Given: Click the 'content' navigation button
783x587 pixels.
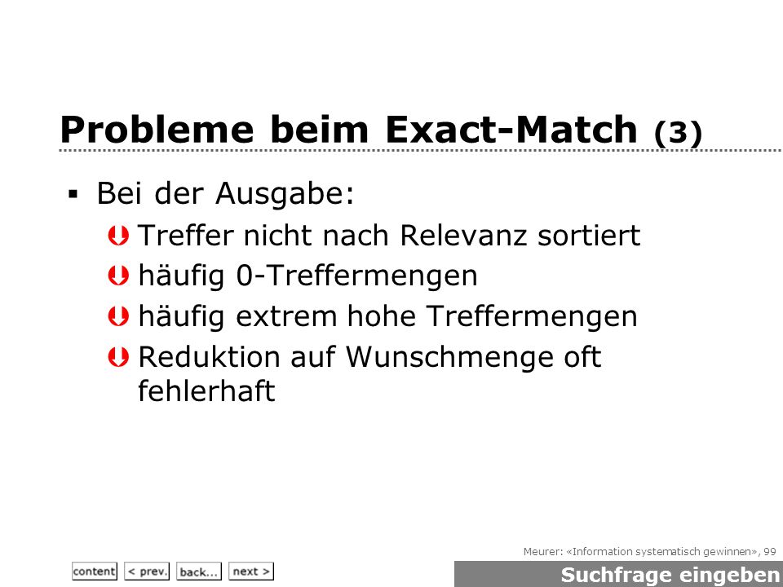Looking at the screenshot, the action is pyautogui.click(x=95, y=571).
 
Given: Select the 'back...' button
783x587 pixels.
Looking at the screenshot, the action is pyautogui.click(x=199, y=571).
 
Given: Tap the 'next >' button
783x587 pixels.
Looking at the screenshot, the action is pyautogui.click(x=251, y=571).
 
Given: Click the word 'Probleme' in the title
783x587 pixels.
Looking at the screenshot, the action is pyautogui.click(x=157, y=130).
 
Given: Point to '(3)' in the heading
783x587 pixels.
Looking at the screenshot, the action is pyautogui.click(x=678, y=133).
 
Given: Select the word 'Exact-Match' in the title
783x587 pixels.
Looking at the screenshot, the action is pyautogui.click(x=511, y=130).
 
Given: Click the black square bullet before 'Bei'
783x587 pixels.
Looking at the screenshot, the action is pyautogui.click(x=73, y=194).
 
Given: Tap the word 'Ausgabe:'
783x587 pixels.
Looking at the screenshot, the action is pyautogui.click(x=285, y=194).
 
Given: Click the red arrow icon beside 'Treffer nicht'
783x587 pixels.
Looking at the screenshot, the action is pyautogui.click(x=118, y=236).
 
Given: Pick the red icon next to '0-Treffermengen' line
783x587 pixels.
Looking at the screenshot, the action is pyautogui.click(x=118, y=276).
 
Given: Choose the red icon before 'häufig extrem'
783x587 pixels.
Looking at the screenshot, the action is pyautogui.click(x=118, y=316).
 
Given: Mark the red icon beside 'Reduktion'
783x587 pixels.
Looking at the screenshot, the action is pyautogui.click(x=118, y=357).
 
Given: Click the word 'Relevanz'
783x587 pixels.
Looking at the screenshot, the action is pyautogui.click(x=463, y=235).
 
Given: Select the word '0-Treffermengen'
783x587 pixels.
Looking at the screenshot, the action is pyautogui.click(x=356, y=276).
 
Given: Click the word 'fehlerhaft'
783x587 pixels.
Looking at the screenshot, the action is pyautogui.click(x=206, y=391).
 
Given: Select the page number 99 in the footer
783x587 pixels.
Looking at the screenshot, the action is pyautogui.click(x=769, y=552).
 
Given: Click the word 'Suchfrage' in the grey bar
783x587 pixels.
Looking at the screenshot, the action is pyautogui.click(x=615, y=575).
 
